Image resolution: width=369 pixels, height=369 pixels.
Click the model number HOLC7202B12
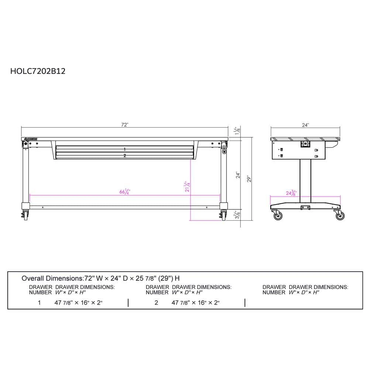(x=38, y=71)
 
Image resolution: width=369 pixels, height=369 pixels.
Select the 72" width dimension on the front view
(x=125, y=125)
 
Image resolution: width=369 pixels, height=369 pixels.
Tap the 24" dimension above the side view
(x=305, y=125)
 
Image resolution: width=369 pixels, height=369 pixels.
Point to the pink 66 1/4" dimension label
(x=125, y=192)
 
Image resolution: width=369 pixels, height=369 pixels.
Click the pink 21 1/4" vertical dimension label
(x=187, y=187)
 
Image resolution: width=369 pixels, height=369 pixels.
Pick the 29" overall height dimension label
(x=249, y=179)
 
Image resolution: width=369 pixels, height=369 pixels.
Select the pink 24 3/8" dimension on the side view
(x=292, y=193)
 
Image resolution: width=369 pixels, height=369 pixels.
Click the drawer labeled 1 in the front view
(x=125, y=149)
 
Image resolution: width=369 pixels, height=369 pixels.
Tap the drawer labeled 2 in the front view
(x=125, y=156)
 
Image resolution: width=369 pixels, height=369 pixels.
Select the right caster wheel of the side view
(x=340, y=215)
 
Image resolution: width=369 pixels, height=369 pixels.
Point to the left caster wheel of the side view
(x=277, y=215)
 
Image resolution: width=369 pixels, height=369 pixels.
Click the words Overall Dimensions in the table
(x=52, y=278)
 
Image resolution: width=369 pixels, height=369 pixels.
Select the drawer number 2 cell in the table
(x=156, y=303)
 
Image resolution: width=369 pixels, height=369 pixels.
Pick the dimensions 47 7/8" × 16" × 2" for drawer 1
(x=78, y=303)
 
